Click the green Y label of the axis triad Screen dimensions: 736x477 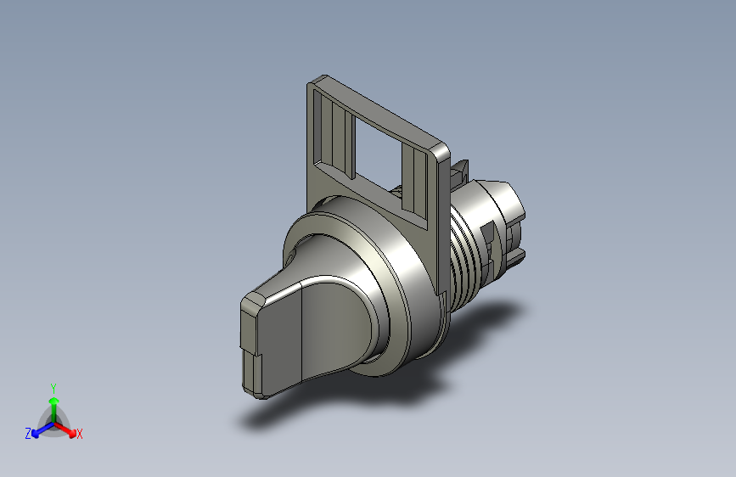point(53,388)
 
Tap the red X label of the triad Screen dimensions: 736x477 point(79,434)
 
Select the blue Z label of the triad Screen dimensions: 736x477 point(28,434)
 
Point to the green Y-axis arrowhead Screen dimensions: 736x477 point(54,401)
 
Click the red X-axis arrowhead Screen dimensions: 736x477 point(72,433)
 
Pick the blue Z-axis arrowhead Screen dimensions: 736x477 point(35,435)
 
